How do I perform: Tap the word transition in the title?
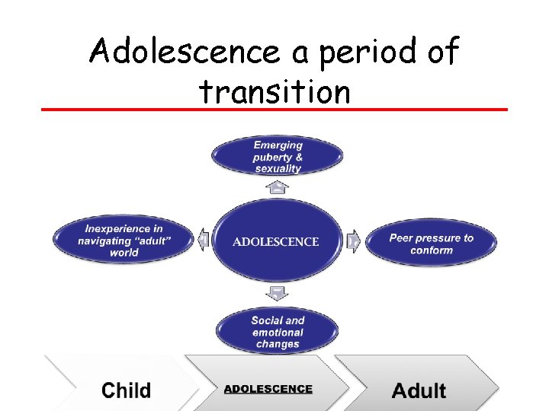click(274, 92)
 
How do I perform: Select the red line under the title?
click(274, 110)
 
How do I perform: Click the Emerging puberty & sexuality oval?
click(278, 156)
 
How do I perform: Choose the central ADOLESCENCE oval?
click(276, 241)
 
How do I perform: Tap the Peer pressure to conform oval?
click(432, 244)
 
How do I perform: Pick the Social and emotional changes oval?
click(278, 332)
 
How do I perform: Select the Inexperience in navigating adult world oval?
click(124, 240)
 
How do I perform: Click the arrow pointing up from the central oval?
click(278, 187)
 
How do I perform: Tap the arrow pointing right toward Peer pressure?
click(354, 241)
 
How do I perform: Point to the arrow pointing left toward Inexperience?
click(202, 241)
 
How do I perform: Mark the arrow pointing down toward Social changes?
click(278, 293)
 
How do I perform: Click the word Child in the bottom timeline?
click(127, 390)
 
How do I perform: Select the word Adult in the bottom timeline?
click(419, 391)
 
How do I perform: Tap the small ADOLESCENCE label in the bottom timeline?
click(268, 389)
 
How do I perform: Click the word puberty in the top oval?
click(272, 157)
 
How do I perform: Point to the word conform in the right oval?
click(432, 250)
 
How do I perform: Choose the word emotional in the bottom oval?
click(278, 332)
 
